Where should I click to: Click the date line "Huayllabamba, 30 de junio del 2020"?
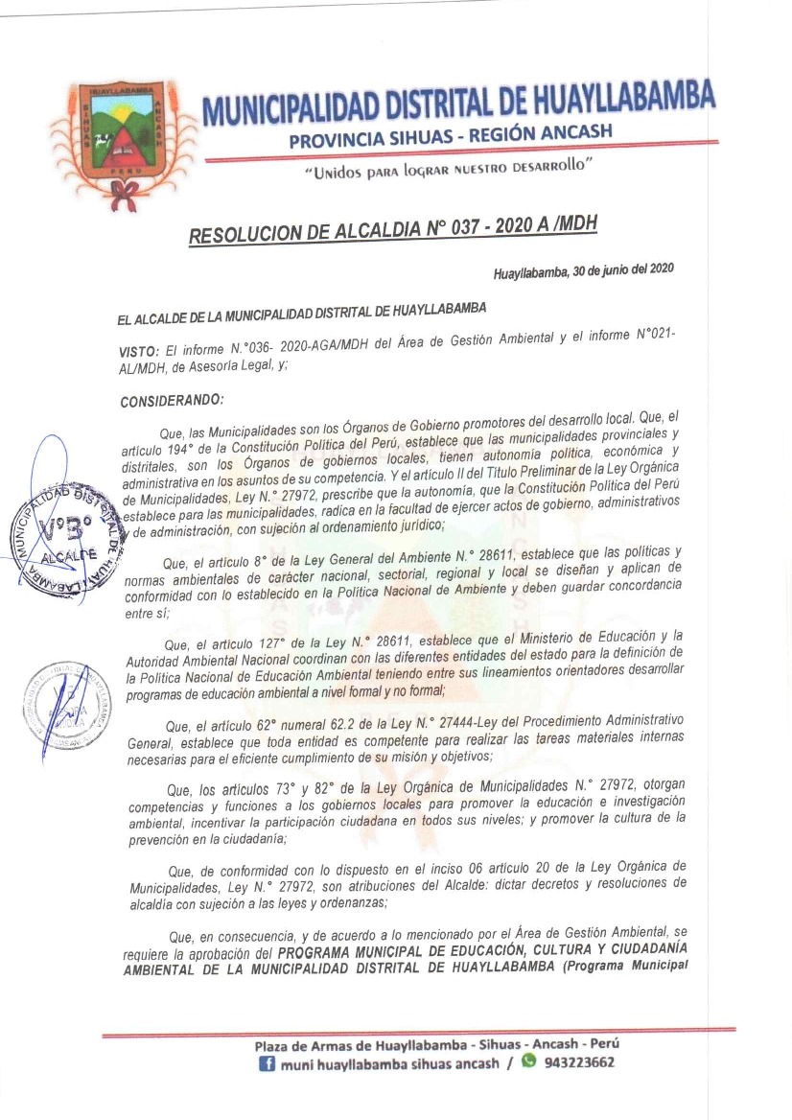pyautogui.click(x=583, y=271)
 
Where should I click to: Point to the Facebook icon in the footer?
pyautogui.click(x=268, y=1063)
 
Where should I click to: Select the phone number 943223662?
pyautogui.click(x=578, y=1062)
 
